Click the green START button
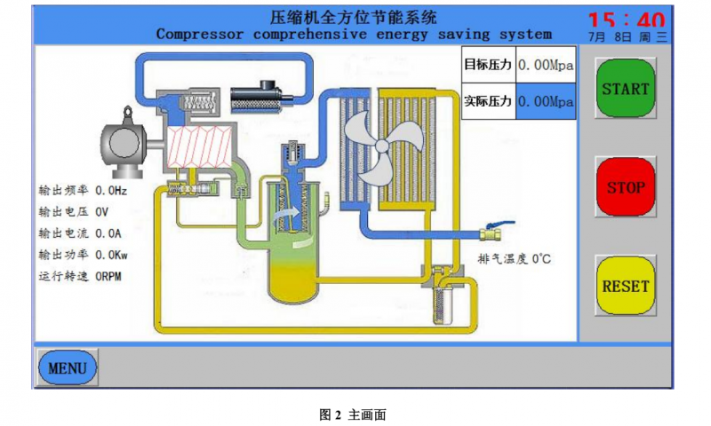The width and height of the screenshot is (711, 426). [625, 89]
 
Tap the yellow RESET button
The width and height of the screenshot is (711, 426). [625, 286]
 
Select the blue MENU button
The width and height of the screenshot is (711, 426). [67, 367]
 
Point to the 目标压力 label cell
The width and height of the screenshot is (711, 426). [488, 65]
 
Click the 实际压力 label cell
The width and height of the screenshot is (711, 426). [488, 101]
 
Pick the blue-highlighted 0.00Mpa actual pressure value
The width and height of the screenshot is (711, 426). [546, 101]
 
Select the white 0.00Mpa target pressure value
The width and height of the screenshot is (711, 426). [546, 65]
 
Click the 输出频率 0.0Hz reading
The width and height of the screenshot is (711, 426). [83, 191]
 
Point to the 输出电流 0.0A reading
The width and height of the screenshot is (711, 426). [80, 233]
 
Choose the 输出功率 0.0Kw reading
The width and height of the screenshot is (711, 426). [83, 255]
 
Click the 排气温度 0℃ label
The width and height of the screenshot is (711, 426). [515, 259]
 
